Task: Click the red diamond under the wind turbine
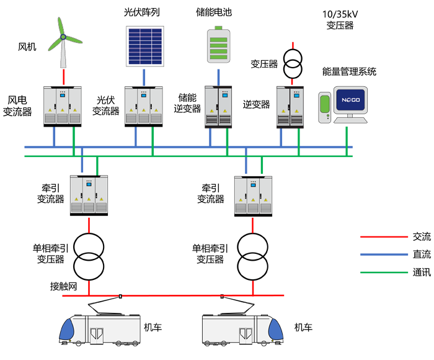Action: coord(63,78)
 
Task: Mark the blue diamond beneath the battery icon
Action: coord(218,76)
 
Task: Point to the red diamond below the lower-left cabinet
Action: coord(89,226)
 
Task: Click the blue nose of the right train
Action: coord(275,331)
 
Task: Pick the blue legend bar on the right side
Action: coord(366,253)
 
